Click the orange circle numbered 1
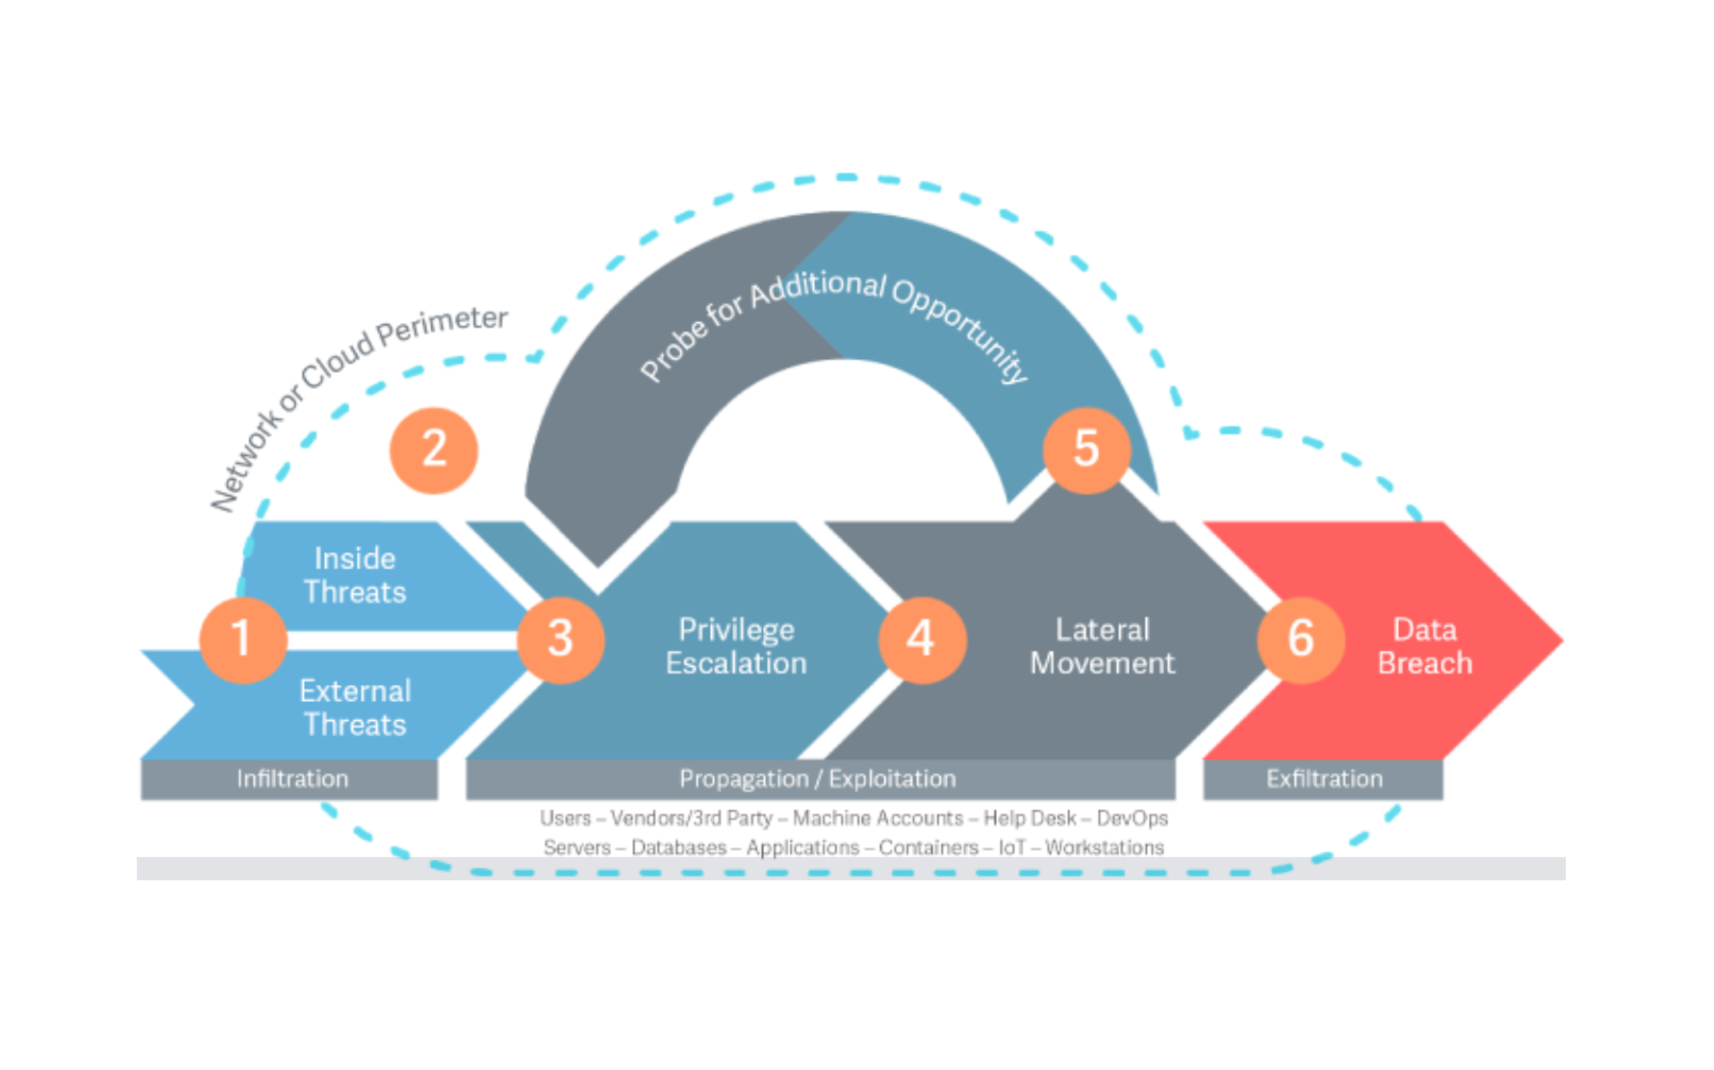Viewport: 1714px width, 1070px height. point(243,639)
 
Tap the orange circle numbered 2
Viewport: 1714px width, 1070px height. point(434,450)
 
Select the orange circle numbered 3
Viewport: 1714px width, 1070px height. point(561,639)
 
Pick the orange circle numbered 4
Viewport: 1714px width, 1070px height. point(922,639)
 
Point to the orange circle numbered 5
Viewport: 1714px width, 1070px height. point(1086,450)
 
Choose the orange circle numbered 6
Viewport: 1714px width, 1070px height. point(1301,639)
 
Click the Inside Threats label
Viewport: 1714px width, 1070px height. point(355,575)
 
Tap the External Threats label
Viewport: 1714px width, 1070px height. point(355,707)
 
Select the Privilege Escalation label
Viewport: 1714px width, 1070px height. point(736,647)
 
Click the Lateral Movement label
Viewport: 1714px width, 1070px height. point(1102,647)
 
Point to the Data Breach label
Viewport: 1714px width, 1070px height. point(1425,647)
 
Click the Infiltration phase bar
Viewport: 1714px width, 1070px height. point(292,779)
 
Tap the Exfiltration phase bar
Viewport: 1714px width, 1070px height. point(1324,779)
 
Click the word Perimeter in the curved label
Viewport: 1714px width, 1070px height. point(443,326)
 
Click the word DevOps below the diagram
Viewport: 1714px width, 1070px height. point(1132,818)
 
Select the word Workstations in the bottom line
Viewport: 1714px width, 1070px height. point(1104,848)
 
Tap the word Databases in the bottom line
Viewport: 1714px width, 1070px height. point(678,848)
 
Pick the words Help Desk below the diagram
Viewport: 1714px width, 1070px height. point(1029,818)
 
